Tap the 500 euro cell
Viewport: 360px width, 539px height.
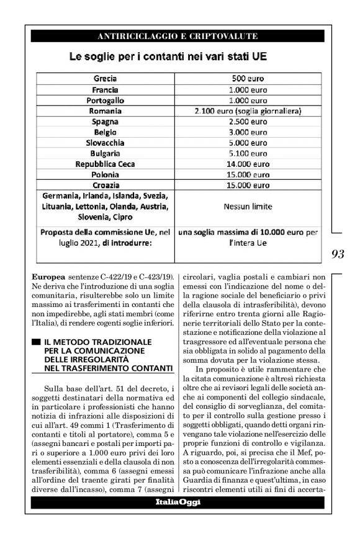coord(248,79)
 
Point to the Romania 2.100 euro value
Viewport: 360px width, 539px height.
coord(248,111)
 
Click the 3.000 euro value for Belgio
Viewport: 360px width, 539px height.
coord(248,132)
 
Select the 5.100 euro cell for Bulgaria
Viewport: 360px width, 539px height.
coord(248,153)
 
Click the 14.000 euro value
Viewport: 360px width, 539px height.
coord(248,164)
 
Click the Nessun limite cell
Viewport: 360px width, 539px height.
coord(248,207)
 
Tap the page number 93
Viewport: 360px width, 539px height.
coord(338,254)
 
